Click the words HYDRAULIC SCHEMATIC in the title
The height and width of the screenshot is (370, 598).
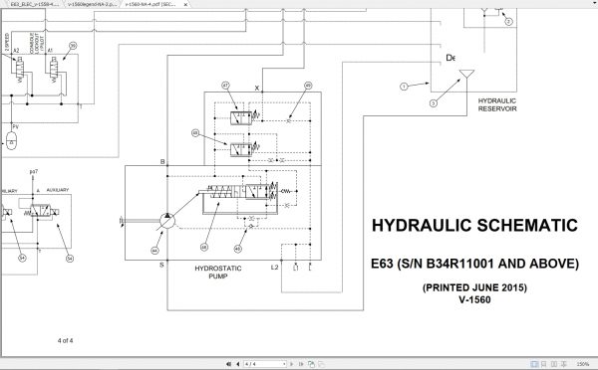(472, 226)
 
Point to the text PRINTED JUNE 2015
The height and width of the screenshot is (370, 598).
(472, 287)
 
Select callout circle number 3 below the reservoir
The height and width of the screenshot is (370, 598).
(433, 102)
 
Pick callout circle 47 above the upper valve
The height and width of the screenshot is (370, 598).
(226, 87)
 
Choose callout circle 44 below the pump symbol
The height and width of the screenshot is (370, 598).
(155, 249)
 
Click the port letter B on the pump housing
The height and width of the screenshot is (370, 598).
(162, 161)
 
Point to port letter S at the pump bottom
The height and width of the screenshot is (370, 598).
(162, 265)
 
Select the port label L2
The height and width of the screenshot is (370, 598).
(274, 267)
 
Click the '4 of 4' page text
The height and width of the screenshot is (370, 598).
(68, 341)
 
